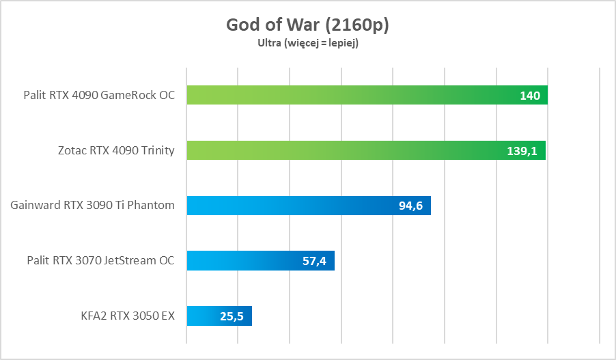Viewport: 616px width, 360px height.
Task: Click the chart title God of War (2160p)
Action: [307, 25]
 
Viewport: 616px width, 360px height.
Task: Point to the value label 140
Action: [529, 96]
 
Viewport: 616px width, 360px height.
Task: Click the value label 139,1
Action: [522, 151]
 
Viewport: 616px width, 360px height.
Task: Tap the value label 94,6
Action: [411, 206]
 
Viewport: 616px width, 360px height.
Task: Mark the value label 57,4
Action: [314, 261]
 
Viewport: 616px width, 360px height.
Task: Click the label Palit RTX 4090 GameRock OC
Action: [99, 95]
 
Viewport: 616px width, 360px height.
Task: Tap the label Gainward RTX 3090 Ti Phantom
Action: [93, 205]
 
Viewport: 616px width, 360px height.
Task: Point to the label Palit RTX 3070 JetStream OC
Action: [100, 260]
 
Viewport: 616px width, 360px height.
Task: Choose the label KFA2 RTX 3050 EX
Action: [127, 316]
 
